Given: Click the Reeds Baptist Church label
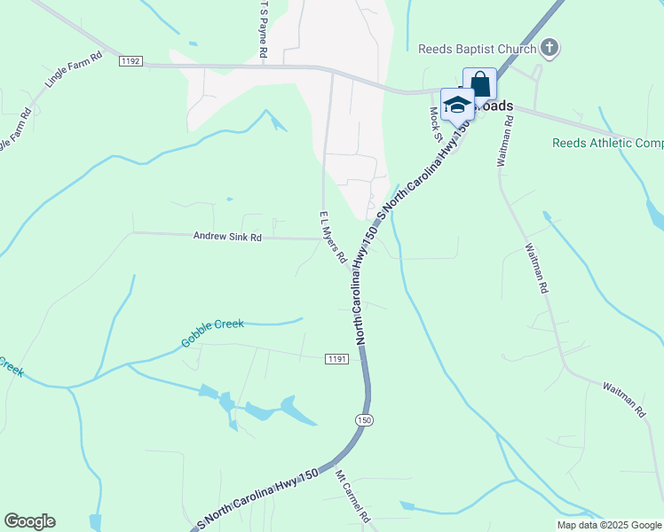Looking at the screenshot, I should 477,47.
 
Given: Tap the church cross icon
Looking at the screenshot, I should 549,47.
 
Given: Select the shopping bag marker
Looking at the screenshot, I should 479,85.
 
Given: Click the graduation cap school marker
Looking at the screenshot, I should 457,106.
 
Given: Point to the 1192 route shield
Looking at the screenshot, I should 130,61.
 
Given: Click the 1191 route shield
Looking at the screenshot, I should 336,358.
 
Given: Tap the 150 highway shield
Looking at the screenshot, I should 363,420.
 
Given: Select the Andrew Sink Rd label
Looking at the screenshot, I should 228,237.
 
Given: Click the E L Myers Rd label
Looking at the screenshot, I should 332,237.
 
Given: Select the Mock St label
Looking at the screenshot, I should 436,124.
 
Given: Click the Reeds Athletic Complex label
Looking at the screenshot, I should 607,143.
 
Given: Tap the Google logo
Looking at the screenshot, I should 29,521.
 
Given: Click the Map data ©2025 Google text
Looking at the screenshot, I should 610,525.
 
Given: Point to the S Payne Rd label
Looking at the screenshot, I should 264,28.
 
